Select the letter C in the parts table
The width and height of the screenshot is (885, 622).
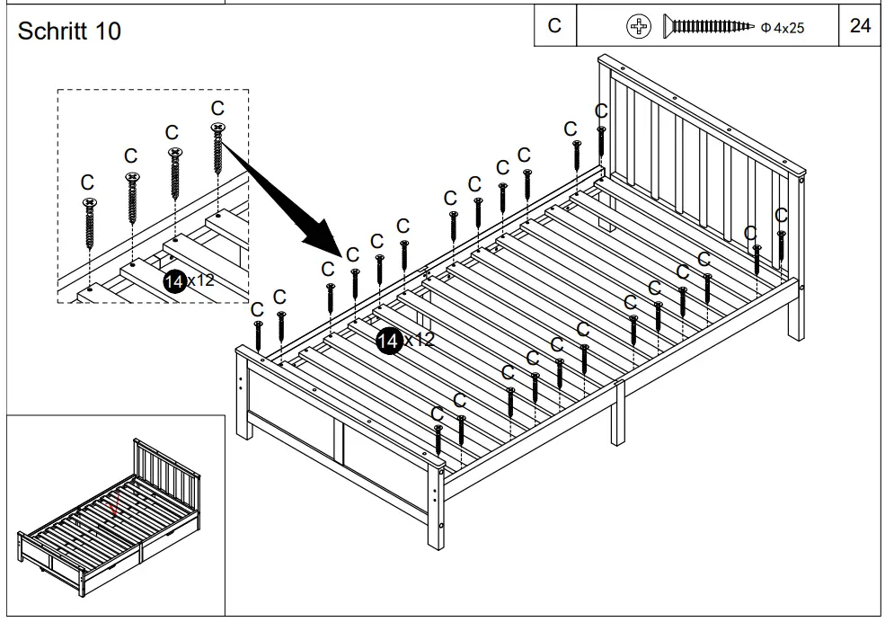(554, 26)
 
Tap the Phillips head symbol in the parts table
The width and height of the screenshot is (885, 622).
(638, 27)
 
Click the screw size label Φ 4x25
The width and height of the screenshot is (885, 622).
(782, 28)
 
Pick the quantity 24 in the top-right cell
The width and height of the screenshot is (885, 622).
(860, 26)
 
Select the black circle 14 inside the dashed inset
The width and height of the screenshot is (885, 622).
(174, 280)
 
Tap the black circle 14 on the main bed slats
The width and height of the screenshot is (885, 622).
(389, 340)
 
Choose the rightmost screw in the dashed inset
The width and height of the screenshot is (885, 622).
(217, 148)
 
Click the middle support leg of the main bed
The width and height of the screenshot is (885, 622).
(618, 413)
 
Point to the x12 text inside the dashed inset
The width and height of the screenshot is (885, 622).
(200, 280)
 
